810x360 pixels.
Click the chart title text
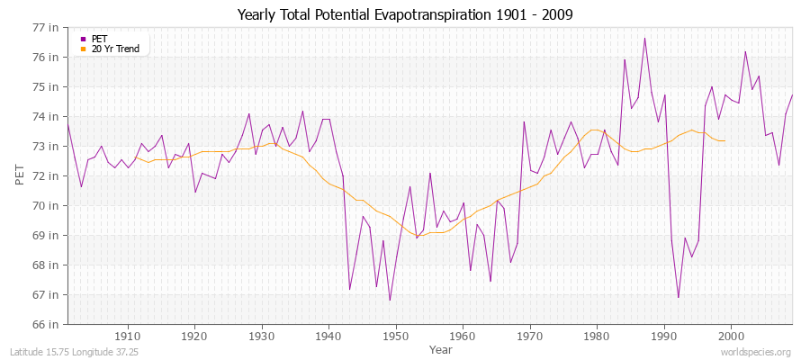pyautogui.click(x=405, y=14)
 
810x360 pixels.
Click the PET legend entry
pyautogui.click(x=100, y=39)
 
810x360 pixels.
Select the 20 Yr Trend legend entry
pyautogui.click(x=116, y=49)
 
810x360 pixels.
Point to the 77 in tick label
pyautogui.click(x=46, y=28)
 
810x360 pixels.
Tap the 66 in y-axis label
pyautogui.click(x=46, y=324)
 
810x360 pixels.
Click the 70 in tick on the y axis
pyautogui.click(x=46, y=205)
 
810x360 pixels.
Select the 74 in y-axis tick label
pyautogui.click(x=46, y=117)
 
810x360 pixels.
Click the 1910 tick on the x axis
pyautogui.click(x=128, y=336)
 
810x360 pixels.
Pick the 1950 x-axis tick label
pyautogui.click(x=395, y=336)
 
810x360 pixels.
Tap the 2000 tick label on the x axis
pyautogui.click(x=731, y=336)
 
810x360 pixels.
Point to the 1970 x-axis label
pyautogui.click(x=529, y=336)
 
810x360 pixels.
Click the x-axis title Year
pyautogui.click(x=441, y=348)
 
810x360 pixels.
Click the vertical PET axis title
pyautogui.click(x=21, y=175)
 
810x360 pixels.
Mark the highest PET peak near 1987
pyautogui.click(x=644, y=38)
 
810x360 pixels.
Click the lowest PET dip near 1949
pyautogui.click(x=390, y=300)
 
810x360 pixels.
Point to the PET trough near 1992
pyautogui.click(x=678, y=297)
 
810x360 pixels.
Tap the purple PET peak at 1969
pyautogui.click(x=524, y=121)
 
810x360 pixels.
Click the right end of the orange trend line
pyautogui.click(x=724, y=141)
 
